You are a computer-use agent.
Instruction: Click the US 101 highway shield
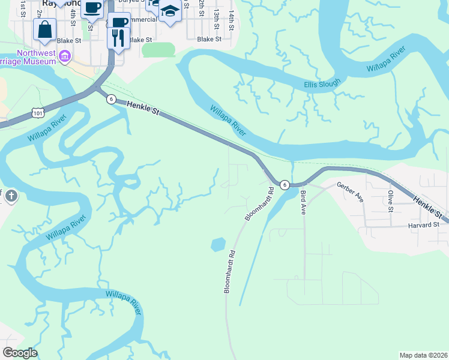click(x=38, y=113)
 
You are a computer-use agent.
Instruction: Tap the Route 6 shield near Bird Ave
click(x=285, y=185)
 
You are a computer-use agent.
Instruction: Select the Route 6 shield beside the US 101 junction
click(x=111, y=100)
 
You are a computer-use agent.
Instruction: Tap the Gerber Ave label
click(x=350, y=192)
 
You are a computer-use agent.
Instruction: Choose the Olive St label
click(x=390, y=201)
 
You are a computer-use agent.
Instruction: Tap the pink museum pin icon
click(x=65, y=58)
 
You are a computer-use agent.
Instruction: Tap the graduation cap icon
click(x=170, y=11)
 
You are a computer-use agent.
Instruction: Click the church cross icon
click(x=11, y=196)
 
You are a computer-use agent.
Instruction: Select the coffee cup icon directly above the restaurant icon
click(x=119, y=22)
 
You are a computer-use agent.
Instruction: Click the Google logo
click(x=20, y=353)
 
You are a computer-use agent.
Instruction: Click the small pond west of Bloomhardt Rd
click(x=218, y=244)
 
